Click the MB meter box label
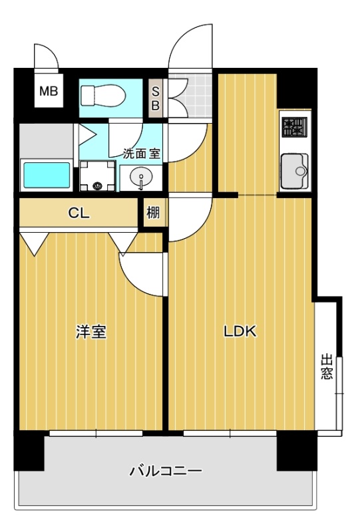point(49,91)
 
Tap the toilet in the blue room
point(103,96)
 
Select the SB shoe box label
point(155,98)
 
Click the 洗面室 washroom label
point(141,154)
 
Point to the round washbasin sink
point(141,177)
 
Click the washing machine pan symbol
point(97,176)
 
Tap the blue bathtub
point(47,176)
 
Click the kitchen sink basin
point(295,171)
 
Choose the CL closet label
point(79,213)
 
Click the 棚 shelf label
point(153,213)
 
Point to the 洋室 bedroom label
point(91,332)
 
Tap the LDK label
point(240,331)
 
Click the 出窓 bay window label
point(327,366)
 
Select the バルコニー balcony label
point(166,471)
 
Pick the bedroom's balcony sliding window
point(96,434)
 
